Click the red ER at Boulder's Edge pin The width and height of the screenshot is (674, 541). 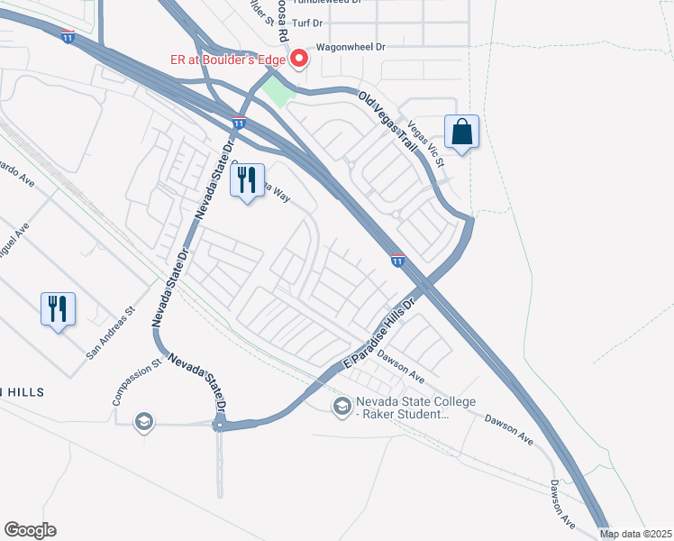300,60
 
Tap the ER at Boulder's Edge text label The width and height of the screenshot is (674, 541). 228,60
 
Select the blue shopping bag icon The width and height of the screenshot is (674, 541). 461,132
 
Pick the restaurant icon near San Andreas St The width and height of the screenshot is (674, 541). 58,309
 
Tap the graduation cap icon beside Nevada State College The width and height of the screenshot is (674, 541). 342,408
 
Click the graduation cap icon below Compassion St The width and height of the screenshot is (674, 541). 142,421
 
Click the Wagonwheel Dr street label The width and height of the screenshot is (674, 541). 350,47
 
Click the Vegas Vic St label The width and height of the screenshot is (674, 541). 426,142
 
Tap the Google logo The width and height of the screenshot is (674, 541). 30,530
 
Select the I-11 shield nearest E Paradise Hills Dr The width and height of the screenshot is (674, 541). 397,261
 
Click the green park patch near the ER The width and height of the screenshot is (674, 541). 280,90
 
